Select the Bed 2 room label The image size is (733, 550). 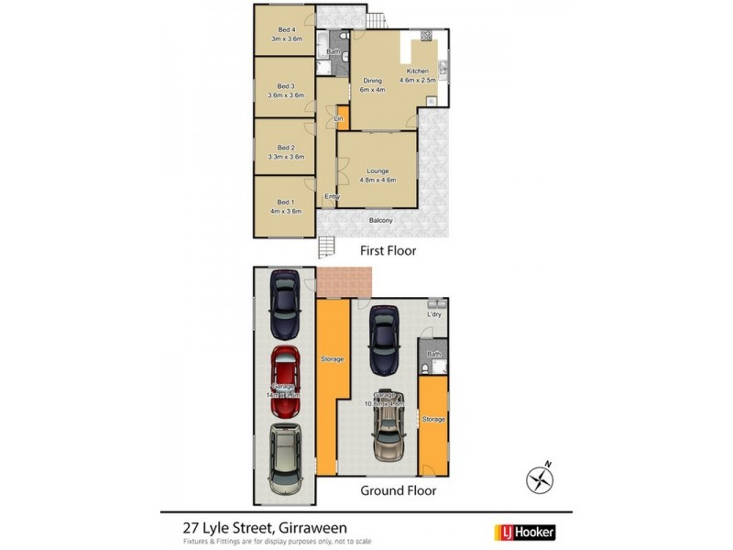tap(286, 148)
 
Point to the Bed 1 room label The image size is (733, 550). tap(285, 202)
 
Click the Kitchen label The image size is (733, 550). tap(418, 71)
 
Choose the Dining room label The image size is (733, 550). tap(372, 81)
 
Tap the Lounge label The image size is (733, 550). tap(377, 171)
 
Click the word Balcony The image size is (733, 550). tap(381, 220)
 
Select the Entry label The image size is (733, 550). tap(332, 196)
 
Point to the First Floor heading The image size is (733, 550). tap(388, 249)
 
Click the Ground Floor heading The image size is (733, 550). tap(398, 490)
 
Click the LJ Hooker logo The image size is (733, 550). tap(525, 531)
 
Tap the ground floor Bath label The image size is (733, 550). tap(434, 354)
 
